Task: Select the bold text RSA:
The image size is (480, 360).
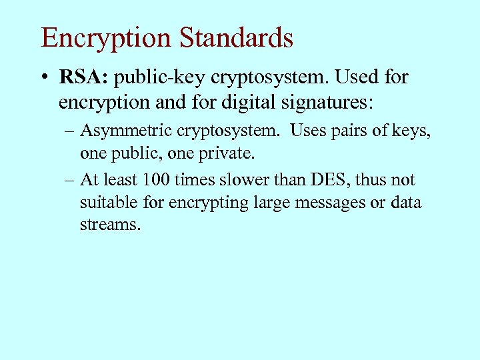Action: click(84, 78)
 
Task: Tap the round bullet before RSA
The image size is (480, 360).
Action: click(43, 79)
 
